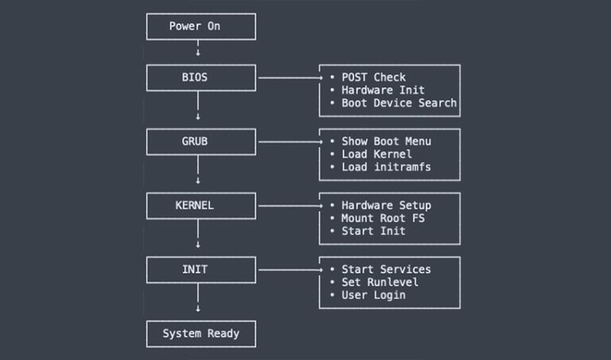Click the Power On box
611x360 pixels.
(201, 28)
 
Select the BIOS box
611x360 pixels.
(201, 78)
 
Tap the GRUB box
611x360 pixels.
(201, 141)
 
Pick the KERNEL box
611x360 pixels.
(201, 206)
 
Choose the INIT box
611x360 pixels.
(201, 269)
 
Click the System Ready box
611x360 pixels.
(201, 333)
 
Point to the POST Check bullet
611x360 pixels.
(373, 77)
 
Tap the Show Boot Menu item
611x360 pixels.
(386, 141)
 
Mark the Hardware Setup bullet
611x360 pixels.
(386, 206)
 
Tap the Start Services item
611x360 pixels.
(386, 269)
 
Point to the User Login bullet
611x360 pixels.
(373, 294)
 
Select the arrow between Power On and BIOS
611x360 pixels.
(199, 48)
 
